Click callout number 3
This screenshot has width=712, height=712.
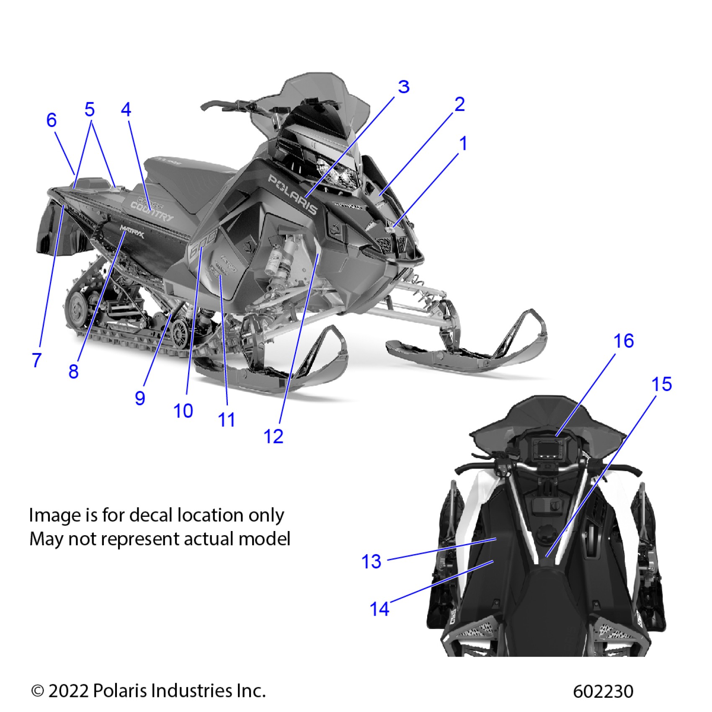[403, 87]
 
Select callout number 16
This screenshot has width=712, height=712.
[623, 341]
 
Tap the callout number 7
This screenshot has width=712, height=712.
[37, 360]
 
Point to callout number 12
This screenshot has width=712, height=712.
[273, 436]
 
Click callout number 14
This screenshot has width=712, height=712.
[379, 609]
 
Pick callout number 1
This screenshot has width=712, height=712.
[463, 144]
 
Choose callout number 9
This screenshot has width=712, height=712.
[140, 398]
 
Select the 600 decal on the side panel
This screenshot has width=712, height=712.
[203, 245]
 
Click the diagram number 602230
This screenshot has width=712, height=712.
[603, 691]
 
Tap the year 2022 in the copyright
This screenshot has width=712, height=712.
[68, 690]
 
